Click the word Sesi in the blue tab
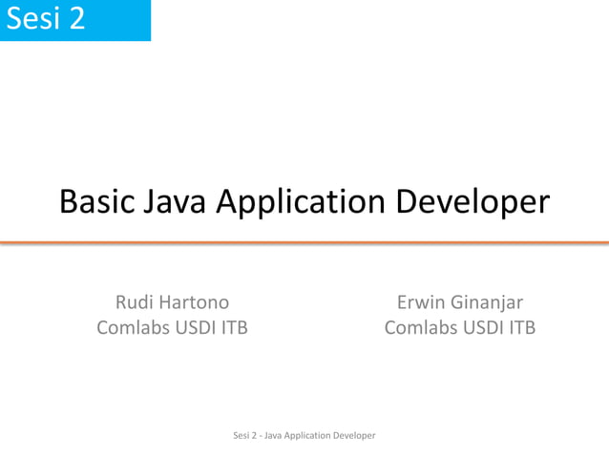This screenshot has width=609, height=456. point(33,18)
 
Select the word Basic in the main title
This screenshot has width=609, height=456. point(96,201)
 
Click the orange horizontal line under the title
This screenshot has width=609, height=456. point(304,243)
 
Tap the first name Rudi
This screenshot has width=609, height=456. point(135,302)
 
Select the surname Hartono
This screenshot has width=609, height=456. point(195,302)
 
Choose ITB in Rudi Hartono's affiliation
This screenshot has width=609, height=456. point(234,327)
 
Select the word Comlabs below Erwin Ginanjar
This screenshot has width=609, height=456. point(421,327)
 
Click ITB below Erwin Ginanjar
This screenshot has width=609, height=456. point(520,327)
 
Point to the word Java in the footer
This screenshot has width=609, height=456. point(270,435)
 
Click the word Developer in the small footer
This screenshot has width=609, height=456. point(353,436)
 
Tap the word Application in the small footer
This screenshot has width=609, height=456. point(305,436)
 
